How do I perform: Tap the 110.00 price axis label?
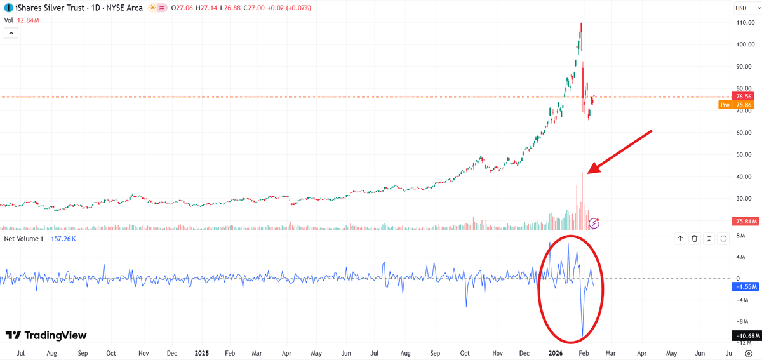[744, 22]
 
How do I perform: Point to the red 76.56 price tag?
[744, 96]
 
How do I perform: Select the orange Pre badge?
[724, 105]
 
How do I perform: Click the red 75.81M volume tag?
[743, 222]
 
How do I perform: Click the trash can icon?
[695, 239]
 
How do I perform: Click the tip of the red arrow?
[589, 173]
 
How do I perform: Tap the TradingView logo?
[46, 335]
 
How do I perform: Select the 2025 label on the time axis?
[201, 352]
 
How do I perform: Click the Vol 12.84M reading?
[22, 20]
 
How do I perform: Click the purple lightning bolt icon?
[594, 223]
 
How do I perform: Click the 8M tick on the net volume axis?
[740, 236]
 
